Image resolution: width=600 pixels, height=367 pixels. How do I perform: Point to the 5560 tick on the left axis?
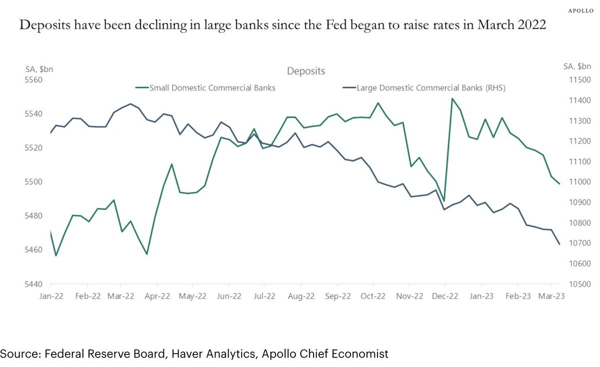tap(33, 80)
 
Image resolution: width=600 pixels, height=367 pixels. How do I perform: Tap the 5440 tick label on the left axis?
tap(33, 284)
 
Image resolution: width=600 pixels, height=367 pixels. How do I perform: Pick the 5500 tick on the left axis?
tap(33, 182)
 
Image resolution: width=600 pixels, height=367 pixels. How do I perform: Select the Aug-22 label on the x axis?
tap(301, 296)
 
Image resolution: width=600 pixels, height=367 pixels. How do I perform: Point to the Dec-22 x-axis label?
tap(444, 296)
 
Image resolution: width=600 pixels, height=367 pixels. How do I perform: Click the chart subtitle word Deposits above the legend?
tap(306, 71)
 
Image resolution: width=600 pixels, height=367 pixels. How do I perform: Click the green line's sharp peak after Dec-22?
tap(452, 99)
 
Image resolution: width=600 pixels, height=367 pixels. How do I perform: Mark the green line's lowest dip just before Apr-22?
tap(146, 254)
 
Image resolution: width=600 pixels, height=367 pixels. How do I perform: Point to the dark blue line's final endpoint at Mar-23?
tap(559, 244)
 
